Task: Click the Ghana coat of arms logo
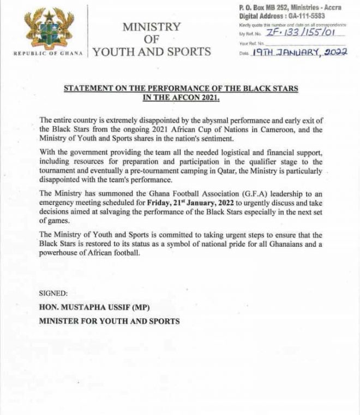[48, 32]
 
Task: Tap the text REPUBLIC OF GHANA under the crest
[48, 54]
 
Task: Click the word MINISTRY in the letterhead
[151, 27]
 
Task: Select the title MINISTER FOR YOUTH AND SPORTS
[109, 321]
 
